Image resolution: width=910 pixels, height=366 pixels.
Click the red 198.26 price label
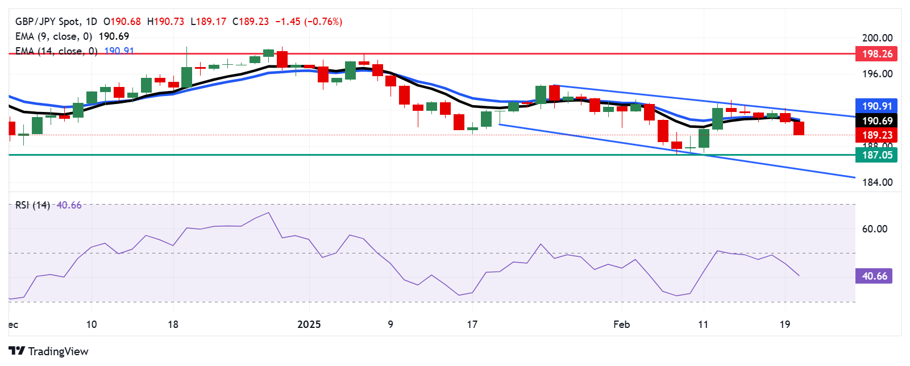pos(876,54)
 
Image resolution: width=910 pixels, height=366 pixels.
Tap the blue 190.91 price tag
pos(876,106)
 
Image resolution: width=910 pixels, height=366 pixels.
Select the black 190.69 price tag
pos(876,120)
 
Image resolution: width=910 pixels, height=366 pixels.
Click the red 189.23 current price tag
pos(876,135)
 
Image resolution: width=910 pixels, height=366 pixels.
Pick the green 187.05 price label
pos(876,155)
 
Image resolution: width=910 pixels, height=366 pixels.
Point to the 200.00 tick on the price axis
pos(877,38)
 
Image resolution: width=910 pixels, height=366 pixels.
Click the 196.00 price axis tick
pos(877,74)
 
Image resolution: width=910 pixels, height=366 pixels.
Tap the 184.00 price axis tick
pos(877,182)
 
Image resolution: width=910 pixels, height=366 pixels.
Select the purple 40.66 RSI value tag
pos(874,276)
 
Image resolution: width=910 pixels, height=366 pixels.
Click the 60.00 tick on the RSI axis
pos(874,229)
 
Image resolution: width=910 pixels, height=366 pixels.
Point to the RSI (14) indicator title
pos(33,205)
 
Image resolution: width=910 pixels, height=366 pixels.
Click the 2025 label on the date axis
pos(309,325)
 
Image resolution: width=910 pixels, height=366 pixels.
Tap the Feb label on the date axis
pos(621,325)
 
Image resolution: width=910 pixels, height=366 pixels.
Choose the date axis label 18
pos(173,325)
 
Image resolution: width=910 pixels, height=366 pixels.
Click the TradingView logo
pos(49,351)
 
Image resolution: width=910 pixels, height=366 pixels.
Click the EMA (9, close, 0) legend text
pos(54,36)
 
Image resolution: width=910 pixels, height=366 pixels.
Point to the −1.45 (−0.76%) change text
pos(309,22)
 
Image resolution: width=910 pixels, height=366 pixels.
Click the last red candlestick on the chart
pos(799,128)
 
